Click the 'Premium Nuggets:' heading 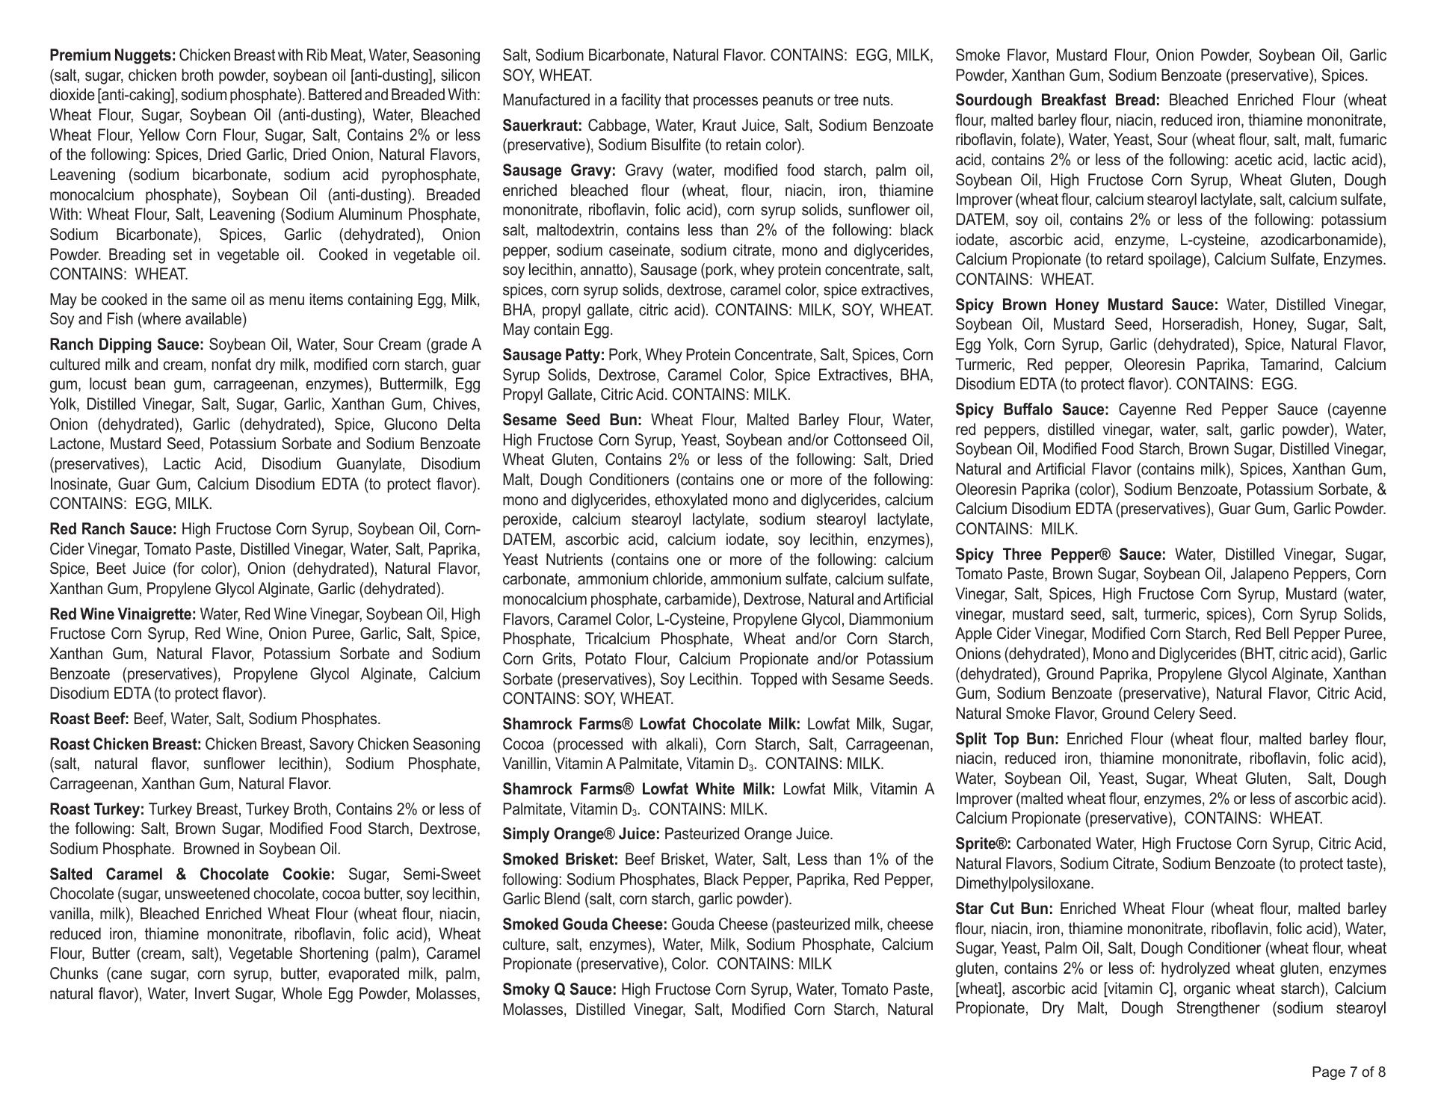pos(113,56)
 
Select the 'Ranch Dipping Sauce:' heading pos(126,345)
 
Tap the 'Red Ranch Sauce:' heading pos(113,530)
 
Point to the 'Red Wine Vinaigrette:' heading pos(123,615)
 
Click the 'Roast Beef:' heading pos(89,720)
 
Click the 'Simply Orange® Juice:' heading pos(581,835)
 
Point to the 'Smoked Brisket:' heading pos(560,859)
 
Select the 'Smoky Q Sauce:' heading pos(559,990)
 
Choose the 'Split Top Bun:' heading pos(1007,740)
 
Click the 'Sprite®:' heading pos(983,844)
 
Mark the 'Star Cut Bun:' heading pos(1004,909)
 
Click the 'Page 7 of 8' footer pos(1348,1072)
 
